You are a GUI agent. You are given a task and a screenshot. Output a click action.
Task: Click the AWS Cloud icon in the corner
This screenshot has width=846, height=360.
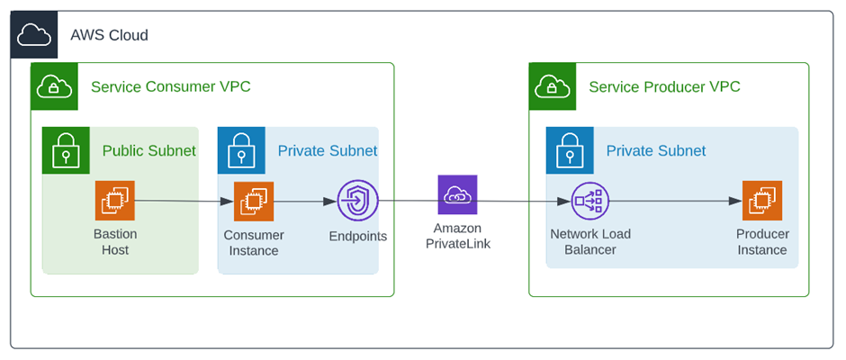tap(34, 34)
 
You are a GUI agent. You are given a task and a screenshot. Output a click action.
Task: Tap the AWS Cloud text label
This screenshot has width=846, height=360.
tap(109, 35)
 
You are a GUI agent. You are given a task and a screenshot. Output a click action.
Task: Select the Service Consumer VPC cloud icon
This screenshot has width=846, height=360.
tap(54, 86)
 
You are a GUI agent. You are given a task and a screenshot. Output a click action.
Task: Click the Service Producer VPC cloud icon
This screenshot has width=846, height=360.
tap(552, 86)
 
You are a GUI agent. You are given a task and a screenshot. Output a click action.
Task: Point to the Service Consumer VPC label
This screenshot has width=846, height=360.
tap(170, 87)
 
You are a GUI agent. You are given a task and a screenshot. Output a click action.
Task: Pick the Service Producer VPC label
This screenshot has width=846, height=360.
tap(664, 87)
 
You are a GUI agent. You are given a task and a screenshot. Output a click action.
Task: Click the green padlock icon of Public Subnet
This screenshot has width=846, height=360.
tap(66, 150)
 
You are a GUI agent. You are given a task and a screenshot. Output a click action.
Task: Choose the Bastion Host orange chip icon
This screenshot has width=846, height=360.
tap(115, 201)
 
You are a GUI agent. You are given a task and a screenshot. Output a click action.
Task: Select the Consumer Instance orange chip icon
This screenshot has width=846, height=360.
tap(254, 201)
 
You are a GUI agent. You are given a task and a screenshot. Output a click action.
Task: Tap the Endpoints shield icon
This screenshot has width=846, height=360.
tap(357, 201)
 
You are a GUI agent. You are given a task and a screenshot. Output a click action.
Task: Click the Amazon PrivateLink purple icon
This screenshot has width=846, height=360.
tap(457, 194)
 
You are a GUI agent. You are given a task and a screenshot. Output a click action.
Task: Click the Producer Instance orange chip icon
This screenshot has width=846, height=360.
tap(762, 201)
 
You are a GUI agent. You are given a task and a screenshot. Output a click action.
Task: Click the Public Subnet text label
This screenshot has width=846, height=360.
tap(148, 150)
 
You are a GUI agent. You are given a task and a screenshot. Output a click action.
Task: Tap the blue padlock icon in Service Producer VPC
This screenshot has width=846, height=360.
tap(570, 150)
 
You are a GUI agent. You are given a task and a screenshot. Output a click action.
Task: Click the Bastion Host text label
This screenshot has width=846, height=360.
tap(115, 242)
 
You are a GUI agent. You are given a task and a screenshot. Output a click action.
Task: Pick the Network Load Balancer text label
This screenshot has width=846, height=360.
tap(590, 242)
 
